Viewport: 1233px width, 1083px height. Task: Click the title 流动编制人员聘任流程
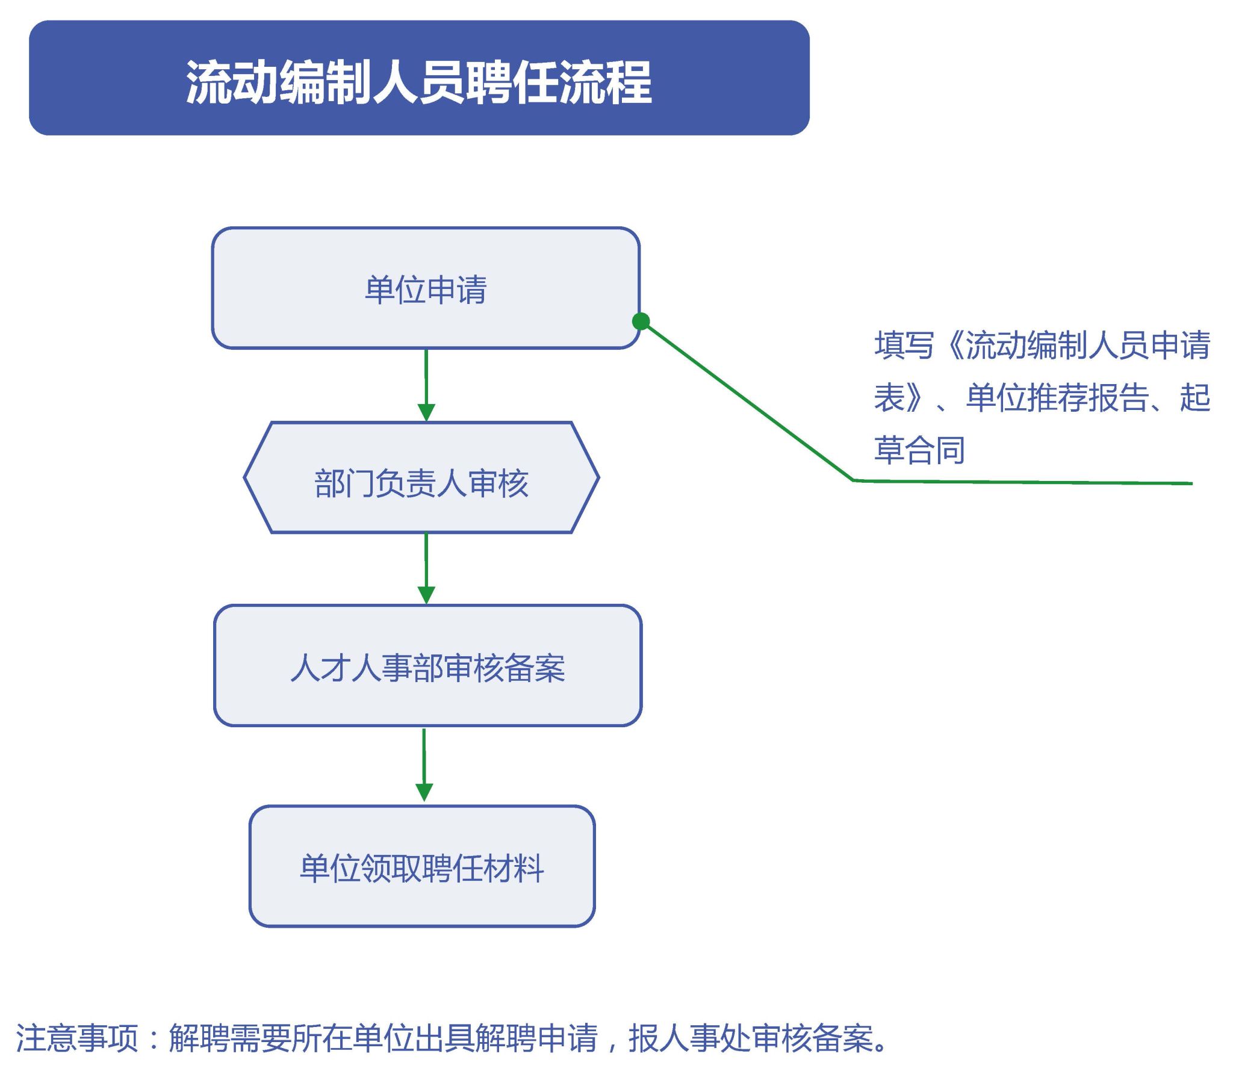point(418,82)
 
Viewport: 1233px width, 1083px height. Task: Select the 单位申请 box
point(425,288)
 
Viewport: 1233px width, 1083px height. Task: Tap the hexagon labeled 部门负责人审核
point(421,477)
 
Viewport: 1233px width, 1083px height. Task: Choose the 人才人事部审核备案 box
point(427,665)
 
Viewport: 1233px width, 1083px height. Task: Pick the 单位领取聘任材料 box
point(422,866)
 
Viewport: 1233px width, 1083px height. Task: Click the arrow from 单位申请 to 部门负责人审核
point(426,385)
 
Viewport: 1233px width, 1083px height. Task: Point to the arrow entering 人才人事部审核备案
point(426,569)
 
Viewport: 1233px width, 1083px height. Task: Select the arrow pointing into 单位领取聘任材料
point(424,765)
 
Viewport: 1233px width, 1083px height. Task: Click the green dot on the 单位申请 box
point(641,321)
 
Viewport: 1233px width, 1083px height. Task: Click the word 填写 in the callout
point(904,346)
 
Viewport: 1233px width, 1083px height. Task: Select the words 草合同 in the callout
point(919,450)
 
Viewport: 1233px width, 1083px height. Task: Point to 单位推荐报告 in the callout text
point(1057,398)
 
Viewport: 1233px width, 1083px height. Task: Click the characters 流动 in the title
point(232,82)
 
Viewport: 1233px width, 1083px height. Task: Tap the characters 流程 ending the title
point(606,82)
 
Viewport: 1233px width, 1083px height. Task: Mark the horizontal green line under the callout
point(1023,482)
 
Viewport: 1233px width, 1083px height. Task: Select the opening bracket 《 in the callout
point(949,346)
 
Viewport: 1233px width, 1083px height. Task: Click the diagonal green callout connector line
point(747,401)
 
